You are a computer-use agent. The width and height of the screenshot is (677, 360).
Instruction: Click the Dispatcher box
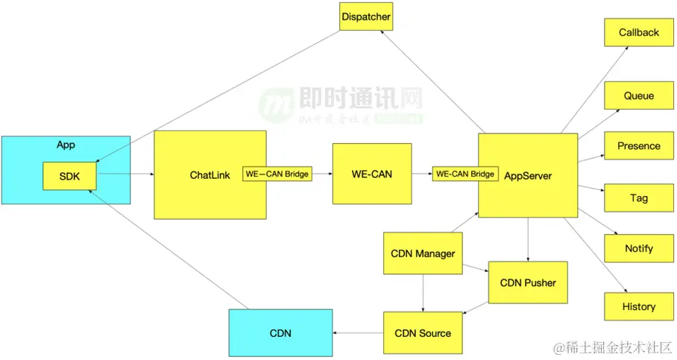coord(365,16)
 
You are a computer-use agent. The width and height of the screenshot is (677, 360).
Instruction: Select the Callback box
coord(639,33)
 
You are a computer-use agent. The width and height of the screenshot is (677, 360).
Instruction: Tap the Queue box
coord(639,96)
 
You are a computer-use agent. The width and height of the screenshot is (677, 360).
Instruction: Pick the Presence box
coord(639,146)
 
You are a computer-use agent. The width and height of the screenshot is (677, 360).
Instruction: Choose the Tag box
coord(639,198)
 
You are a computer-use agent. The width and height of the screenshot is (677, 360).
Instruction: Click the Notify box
coord(639,249)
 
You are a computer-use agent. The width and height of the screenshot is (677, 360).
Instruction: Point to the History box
coord(639,306)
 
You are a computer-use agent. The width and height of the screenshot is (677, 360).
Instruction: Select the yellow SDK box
coord(69,176)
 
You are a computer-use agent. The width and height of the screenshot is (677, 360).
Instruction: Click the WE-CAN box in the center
coord(371,174)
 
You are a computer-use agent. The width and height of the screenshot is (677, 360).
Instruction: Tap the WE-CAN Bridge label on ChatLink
coord(277,174)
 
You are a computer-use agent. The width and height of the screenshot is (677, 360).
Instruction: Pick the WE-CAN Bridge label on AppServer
coord(465,174)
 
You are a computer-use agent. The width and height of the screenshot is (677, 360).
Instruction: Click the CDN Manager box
coord(423,253)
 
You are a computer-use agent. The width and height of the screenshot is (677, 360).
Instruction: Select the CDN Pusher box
coord(527,282)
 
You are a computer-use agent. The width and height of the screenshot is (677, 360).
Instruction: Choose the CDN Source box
coord(423,333)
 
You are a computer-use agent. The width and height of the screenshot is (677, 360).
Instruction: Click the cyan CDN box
coord(280,333)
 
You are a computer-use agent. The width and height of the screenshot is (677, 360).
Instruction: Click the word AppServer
coord(528,176)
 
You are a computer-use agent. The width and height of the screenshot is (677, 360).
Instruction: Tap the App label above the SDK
coord(66,145)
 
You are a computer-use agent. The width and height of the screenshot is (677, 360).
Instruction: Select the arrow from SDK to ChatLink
coord(125,175)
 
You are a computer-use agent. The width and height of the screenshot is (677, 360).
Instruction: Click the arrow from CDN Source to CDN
coord(358,333)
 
